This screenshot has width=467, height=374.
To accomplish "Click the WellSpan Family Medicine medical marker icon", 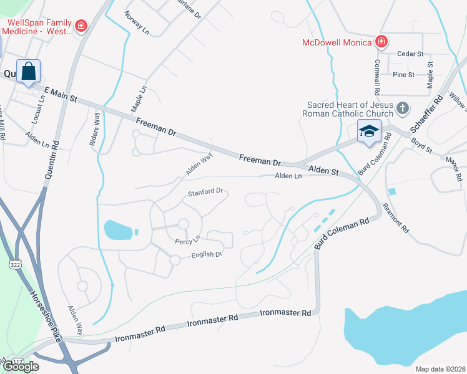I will coord(81,26).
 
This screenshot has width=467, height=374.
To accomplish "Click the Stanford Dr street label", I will coord(205,192).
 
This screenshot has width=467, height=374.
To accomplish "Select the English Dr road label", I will coord(207,254).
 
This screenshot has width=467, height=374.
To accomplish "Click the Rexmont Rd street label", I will coord(395,218).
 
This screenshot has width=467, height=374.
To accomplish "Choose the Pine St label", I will coord(403,75).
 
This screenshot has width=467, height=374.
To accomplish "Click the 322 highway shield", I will coord(14,265).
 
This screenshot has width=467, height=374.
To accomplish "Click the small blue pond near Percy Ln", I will coord(119,230).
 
